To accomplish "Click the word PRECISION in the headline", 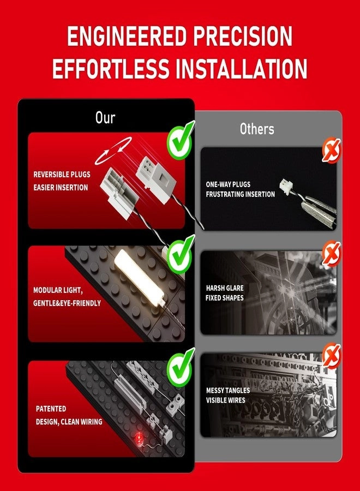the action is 243,36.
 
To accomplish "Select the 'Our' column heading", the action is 105,117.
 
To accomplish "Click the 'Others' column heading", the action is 257,129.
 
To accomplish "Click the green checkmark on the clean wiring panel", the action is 181,367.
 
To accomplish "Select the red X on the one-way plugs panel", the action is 332,150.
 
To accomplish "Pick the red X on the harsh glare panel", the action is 332,253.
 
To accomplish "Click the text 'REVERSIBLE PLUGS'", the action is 62,175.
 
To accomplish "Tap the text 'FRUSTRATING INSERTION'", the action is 241,194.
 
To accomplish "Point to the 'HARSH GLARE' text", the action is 225,288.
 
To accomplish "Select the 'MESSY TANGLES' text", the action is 228,390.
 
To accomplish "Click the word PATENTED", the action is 51,409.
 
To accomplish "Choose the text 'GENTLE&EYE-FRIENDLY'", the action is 67,303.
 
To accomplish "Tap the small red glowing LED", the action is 138,437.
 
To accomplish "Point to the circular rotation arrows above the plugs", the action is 113,151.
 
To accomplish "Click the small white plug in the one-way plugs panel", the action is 286,186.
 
